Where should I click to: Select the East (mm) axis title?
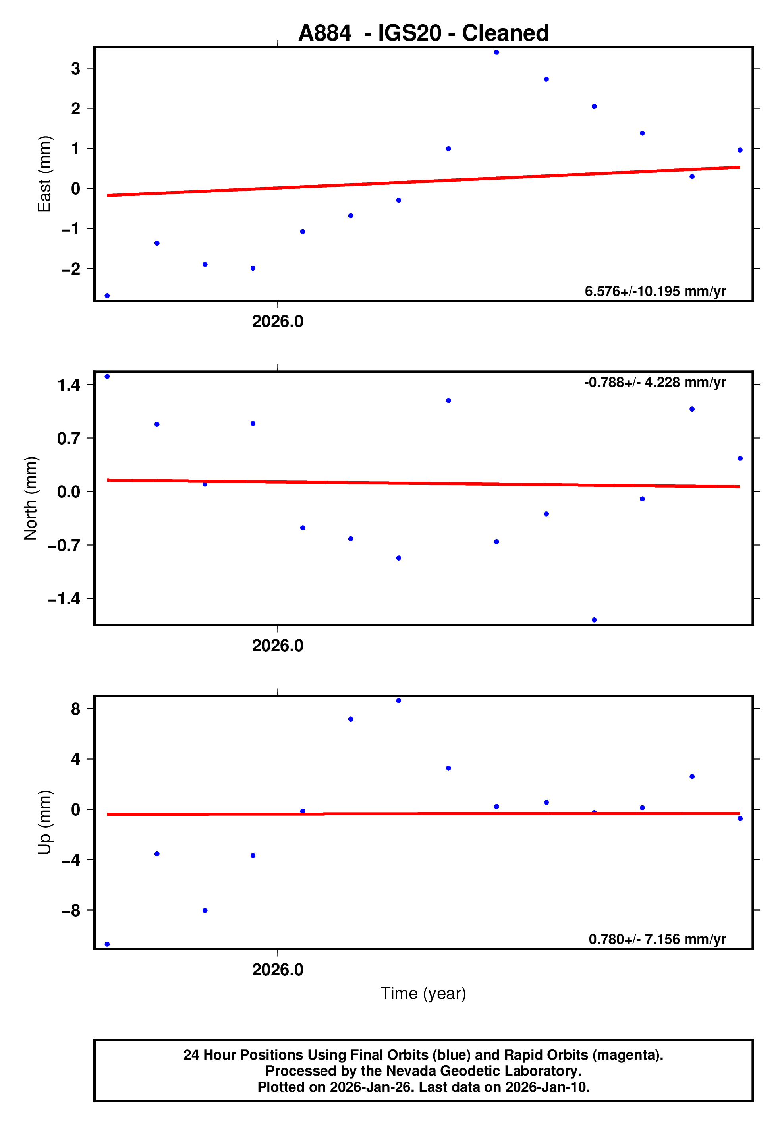pos(44,174)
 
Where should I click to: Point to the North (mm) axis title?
pos(31,498)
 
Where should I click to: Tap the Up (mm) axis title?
pos(44,822)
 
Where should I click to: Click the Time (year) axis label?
pos(423,993)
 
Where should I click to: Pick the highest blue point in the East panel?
pos(496,52)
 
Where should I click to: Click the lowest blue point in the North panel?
pos(594,620)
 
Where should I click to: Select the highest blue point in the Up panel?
pos(399,701)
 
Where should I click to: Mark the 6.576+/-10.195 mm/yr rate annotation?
pos(655,291)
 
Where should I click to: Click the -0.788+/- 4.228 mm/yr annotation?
pos(655,383)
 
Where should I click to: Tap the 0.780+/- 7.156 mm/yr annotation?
pos(657,939)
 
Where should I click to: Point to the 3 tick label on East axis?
pos(75,69)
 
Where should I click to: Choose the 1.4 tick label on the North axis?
pos(69,385)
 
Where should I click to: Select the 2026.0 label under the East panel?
pos(278,322)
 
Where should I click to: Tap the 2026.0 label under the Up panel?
pos(278,969)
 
